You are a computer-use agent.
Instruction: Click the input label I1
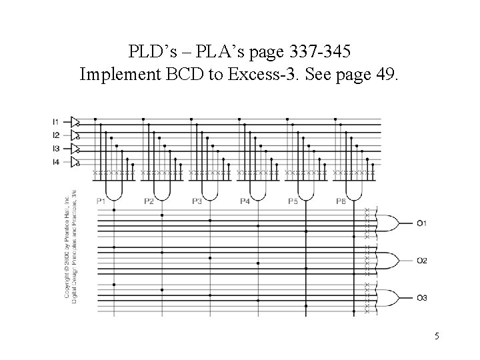click(56, 121)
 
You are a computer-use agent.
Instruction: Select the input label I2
click(56, 135)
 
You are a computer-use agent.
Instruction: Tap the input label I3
click(56, 149)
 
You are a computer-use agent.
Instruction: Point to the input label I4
click(56, 163)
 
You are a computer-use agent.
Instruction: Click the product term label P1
click(101, 201)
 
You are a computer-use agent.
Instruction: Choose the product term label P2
click(149, 201)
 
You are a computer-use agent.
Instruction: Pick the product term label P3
click(197, 201)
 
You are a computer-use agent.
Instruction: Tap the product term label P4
click(245, 201)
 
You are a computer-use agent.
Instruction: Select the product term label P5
click(293, 201)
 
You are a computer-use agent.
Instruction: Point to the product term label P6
click(341, 201)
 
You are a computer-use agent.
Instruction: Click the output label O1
click(422, 223)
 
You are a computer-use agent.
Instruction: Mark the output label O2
click(422, 260)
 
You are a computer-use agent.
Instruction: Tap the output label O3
click(422, 297)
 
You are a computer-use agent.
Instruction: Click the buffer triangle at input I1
click(75, 121)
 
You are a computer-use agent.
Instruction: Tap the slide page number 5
click(437, 337)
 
